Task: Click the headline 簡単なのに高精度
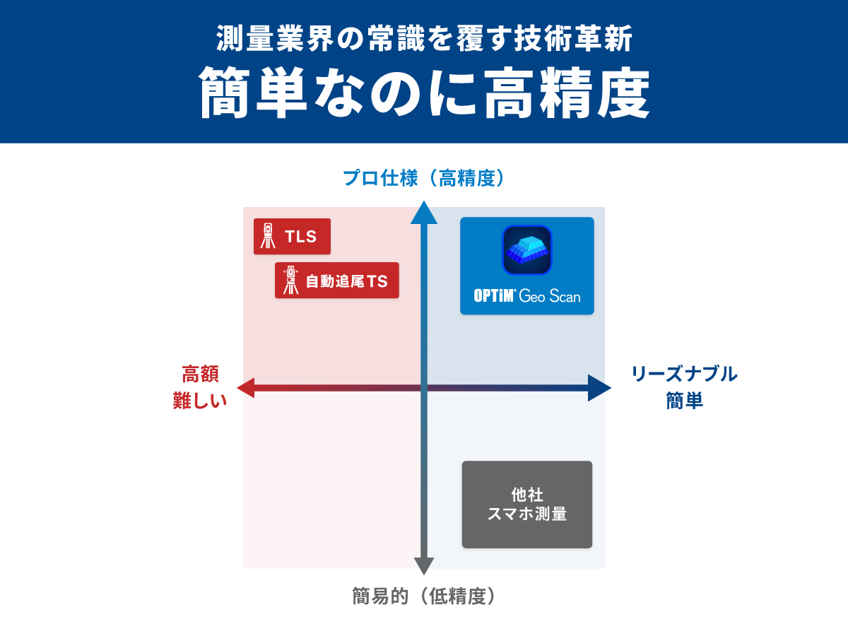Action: [424, 93]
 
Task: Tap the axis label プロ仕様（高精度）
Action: [424, 178]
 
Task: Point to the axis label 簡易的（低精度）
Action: [424, 596]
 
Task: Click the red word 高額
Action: [200, 374]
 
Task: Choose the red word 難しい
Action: [200, 400]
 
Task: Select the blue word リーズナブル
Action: [684, 374]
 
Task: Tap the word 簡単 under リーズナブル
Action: [684, 400]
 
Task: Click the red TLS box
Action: [292, 236]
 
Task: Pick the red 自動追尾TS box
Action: [337, 281]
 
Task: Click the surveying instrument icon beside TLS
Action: [268, 236]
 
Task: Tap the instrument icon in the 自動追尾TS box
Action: [290, 281]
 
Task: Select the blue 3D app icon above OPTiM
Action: [527, 249]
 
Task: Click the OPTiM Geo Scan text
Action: [527, 295]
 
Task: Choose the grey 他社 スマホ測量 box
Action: [527, 505]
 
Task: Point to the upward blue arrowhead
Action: [423, 213]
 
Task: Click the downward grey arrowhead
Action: [423, 565]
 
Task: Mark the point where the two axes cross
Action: [423, 387]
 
